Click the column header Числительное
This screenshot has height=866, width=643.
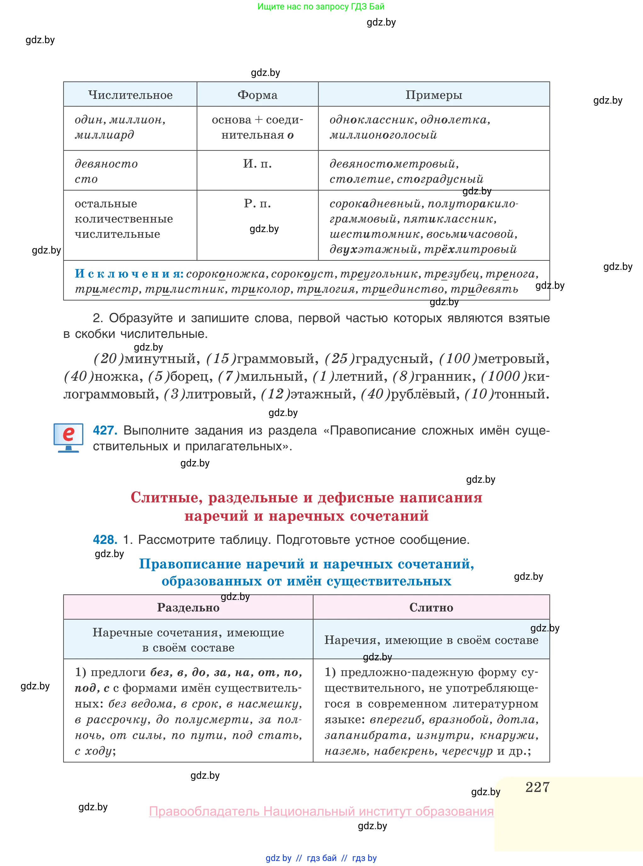click(x=130, y=94)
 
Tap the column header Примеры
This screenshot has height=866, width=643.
click(x=434, y=94)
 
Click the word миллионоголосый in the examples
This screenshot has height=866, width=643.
click(x=383, y=135)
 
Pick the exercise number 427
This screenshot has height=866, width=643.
click(x=105, y=430)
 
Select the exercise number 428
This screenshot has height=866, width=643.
click(x=105, y=540)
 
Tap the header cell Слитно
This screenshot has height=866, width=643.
click(x=431, y=607)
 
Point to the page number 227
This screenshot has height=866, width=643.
click(x=537, y=787)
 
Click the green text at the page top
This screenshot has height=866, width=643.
click(x=321, y=7)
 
